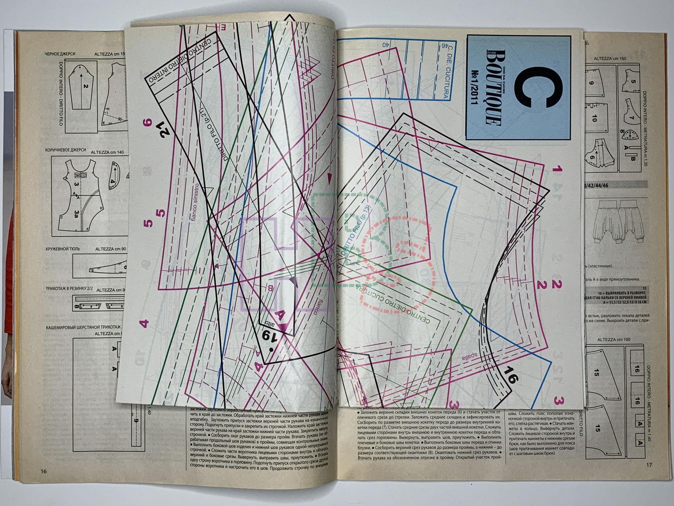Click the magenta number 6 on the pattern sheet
[147, 123]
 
